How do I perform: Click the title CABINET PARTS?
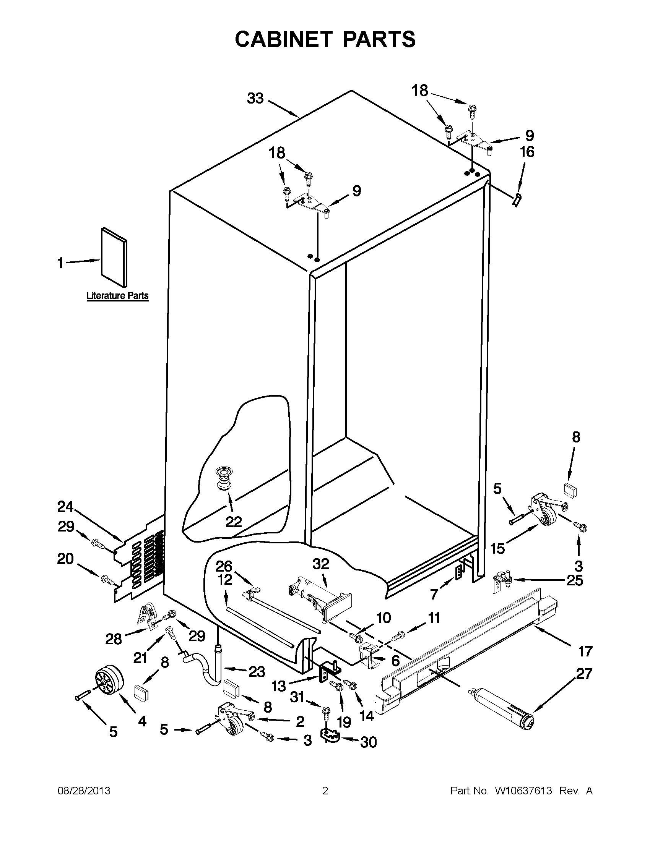click(x=325, y=40)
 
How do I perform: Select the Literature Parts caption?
click(x=117, y=296)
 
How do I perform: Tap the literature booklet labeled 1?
click(x=114, y=257)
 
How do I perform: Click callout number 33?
click(x=255, y=99)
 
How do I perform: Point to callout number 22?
click(x=233, y=522)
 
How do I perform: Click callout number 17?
click(x=585, y=652)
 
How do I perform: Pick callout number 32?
click(x=320, y=564)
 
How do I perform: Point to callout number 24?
click(x=65, y=507)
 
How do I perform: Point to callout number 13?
click(x=279, y=686)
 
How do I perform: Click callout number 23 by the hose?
click(x=256, y=672)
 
